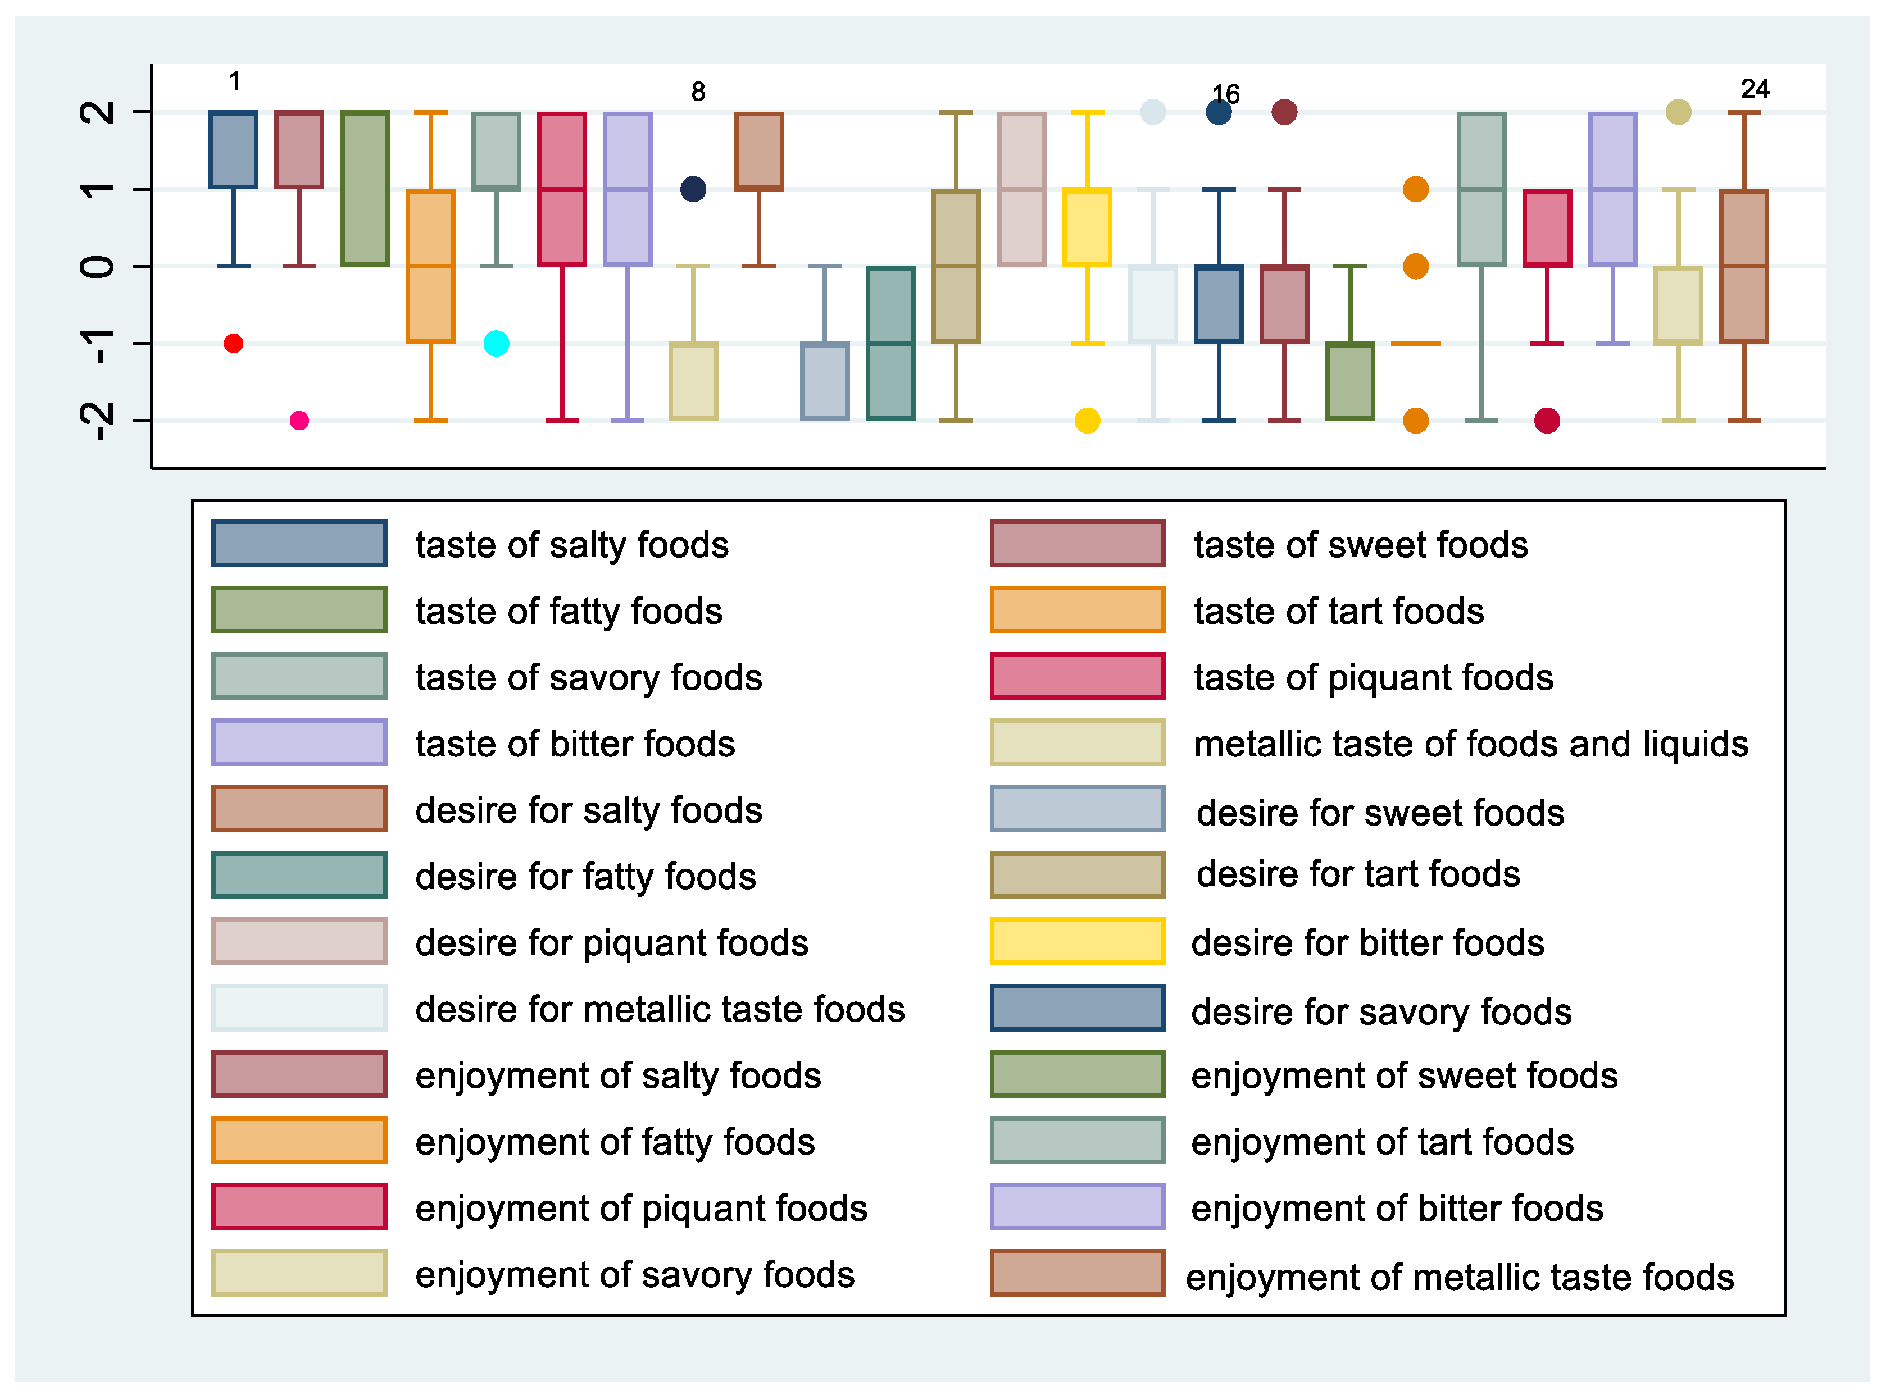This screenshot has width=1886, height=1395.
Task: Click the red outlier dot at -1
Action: click(x=234, y=344)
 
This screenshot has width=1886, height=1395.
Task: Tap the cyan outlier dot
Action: click(x=497, y=344)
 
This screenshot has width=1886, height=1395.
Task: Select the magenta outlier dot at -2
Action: click(x=299, y=421)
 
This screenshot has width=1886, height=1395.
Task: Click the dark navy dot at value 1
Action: click(x=693, y=189)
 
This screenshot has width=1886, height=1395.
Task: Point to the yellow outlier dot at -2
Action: click(x=1087, y=421)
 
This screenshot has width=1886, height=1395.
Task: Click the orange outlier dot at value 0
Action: click(x=1416, y=267)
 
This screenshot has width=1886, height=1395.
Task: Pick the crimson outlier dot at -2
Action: click(x=1547, y=421)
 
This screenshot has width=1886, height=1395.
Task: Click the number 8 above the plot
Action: click(x=698, y=91)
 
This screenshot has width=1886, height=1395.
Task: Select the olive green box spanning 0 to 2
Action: click(x=365, y=188)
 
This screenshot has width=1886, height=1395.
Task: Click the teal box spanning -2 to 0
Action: click(x=890, y=344)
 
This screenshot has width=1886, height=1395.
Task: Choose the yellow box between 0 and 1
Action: click(x=1087, y=228)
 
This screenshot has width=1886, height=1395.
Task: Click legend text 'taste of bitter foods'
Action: click(x=575, y=744)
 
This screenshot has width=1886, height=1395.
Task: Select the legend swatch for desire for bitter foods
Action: click(x=1078, y=942)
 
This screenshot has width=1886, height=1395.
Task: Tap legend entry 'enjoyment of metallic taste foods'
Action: click(x=1460, y=1277)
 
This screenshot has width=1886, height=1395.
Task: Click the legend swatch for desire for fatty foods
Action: click(x=299, y=876)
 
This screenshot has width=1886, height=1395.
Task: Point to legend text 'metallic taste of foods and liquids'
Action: click(x=1470, y=744)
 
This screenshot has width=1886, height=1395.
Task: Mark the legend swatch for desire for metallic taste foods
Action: click(x=299, y=1008)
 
